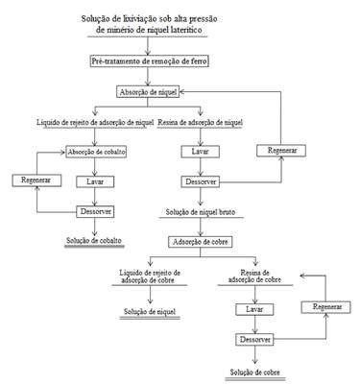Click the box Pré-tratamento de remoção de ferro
[149, 60]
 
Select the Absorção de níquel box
[148, 92]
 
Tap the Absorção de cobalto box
[96, 152]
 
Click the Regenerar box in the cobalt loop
[36, 180]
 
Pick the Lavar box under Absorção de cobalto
[95, 181]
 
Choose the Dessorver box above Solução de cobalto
[95, 211]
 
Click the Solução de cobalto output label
[94, 241]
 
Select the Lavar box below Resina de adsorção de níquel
[201, 152]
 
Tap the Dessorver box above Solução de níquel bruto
[201, 181]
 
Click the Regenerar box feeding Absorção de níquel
[281, 151]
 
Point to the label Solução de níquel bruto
[201, 212]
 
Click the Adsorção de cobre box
[201, 242]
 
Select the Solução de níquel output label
[150, 311]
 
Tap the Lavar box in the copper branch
[254, 309]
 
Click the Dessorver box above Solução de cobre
[254, 339]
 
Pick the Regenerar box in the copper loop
[326, 307]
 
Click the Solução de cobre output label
[255, 372]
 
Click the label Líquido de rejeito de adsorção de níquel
[95, 123]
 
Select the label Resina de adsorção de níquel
[201, 123]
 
